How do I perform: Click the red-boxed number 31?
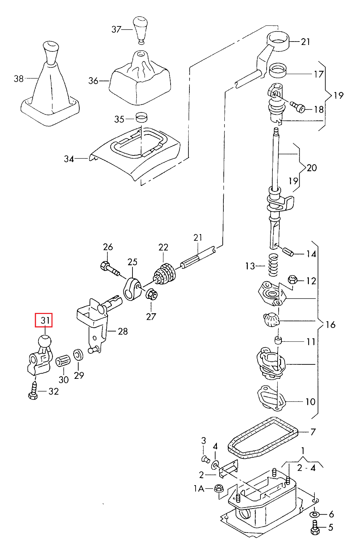[x=44, y=320]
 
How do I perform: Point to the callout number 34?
[x=69, y=159]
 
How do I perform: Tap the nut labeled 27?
[x=151, y=295]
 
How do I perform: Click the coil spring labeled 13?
[x=273, y=265]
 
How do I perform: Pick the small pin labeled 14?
[x=288, y=252]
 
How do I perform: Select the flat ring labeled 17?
[x=278, y=70]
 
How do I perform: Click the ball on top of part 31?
[x=44, y=341]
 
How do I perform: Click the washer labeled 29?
[x=78, y=355]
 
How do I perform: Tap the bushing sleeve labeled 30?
[x=63, y=361]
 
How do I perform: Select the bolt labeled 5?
[x=315, y=527]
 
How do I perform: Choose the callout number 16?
[x=330, y=325]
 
